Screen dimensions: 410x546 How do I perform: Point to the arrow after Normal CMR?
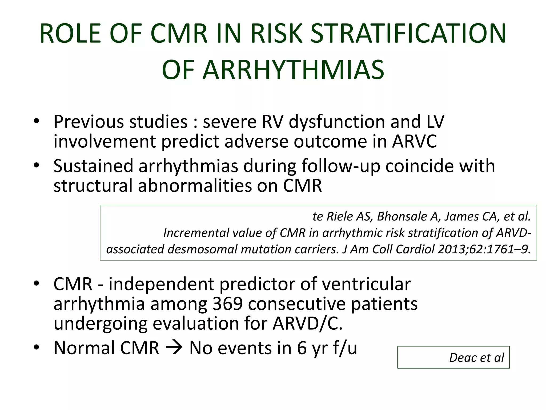click(174, 348)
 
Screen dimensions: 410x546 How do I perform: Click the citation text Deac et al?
click(476, 357)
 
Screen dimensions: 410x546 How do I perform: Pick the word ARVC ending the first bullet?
click(415, 141)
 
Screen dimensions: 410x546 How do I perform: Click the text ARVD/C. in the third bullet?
click(307, 323)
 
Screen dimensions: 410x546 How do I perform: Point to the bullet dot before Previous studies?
click(37, 122)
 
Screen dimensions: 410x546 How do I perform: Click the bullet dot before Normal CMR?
click(37, 348)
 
